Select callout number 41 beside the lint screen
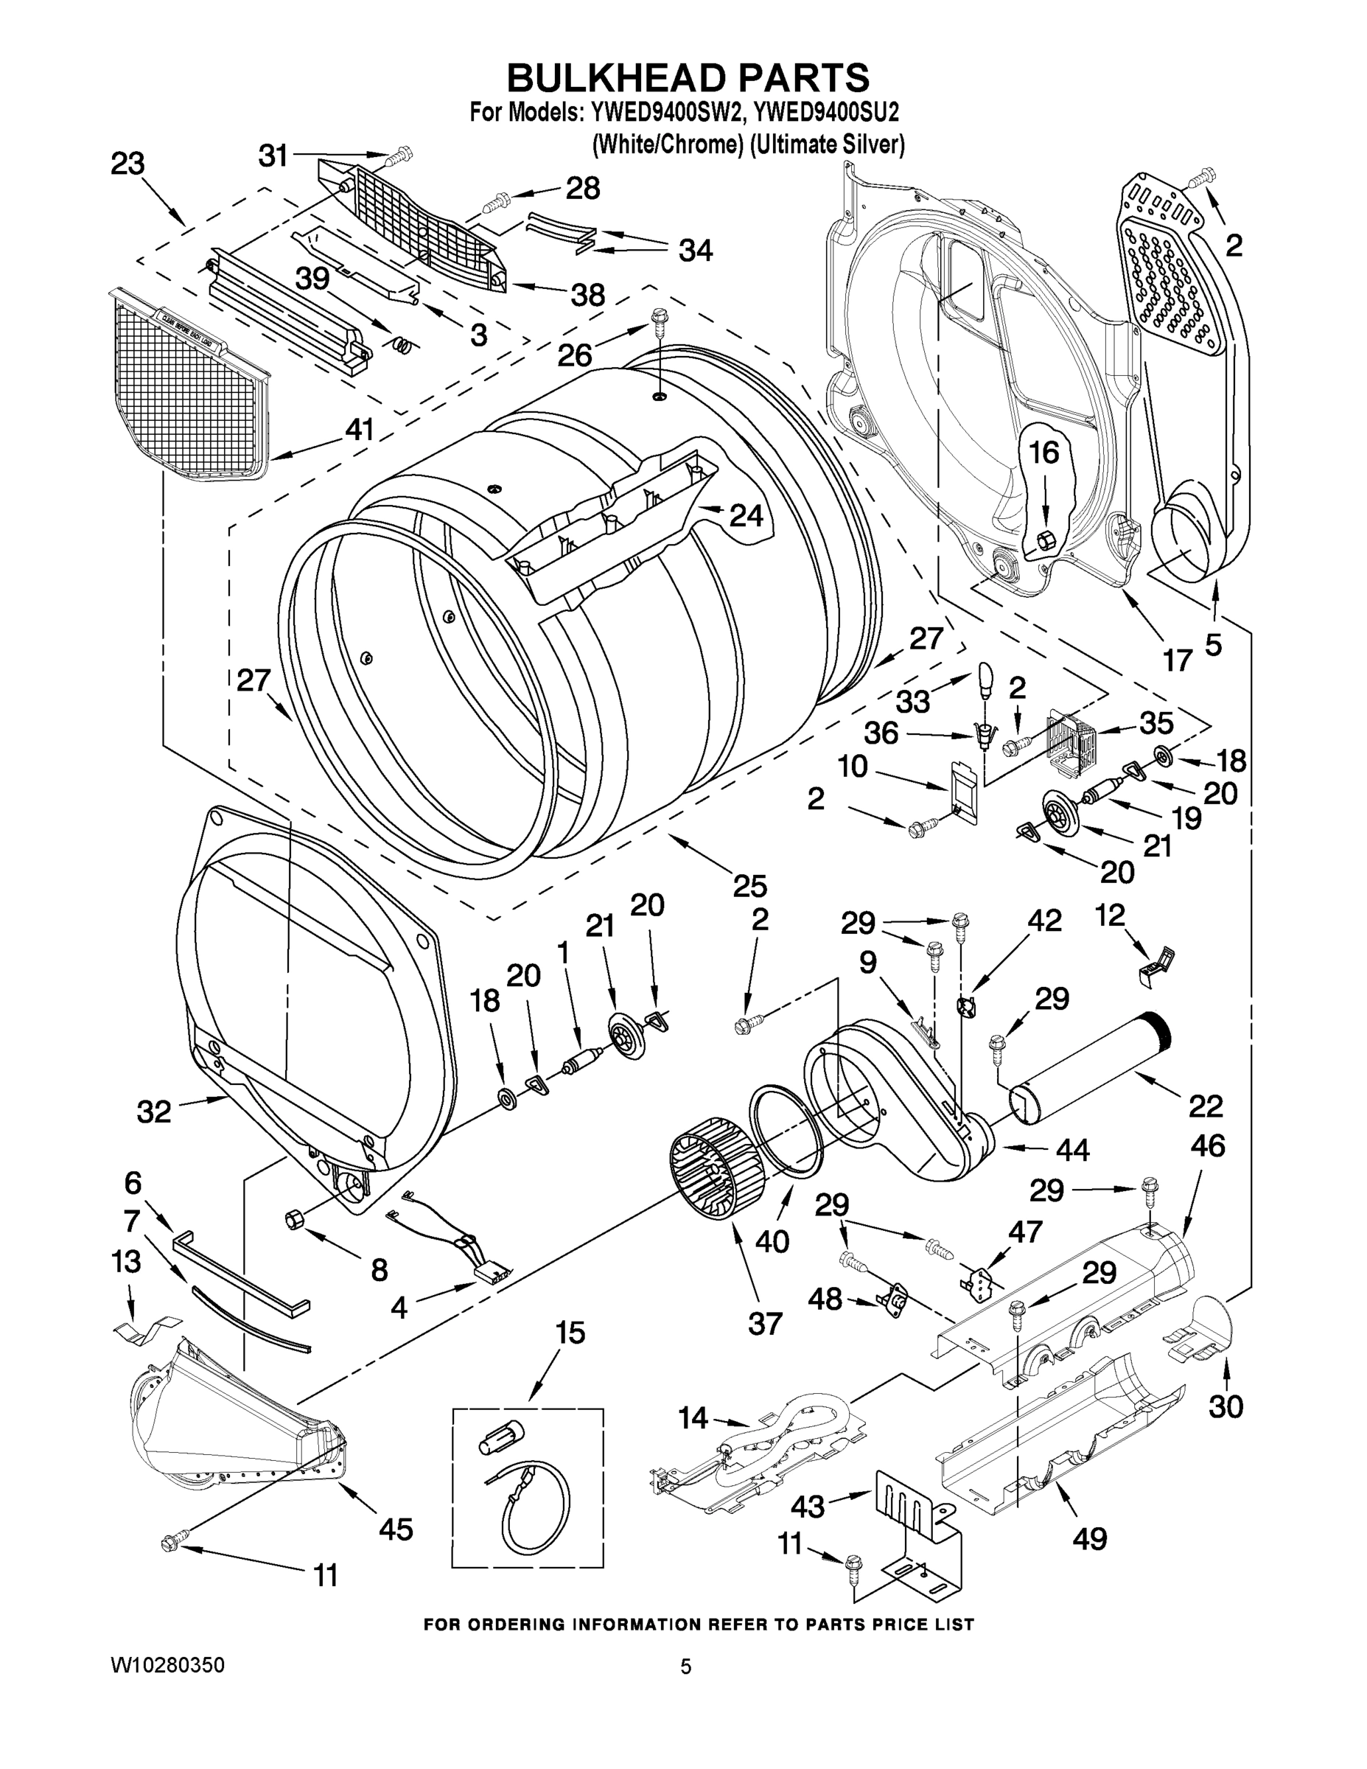pos(359,429)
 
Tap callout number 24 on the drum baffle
pos(746,515)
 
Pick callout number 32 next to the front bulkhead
pos(154,1112)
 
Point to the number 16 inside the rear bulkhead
pos(1044,453)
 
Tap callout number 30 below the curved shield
pos(1226,1407)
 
